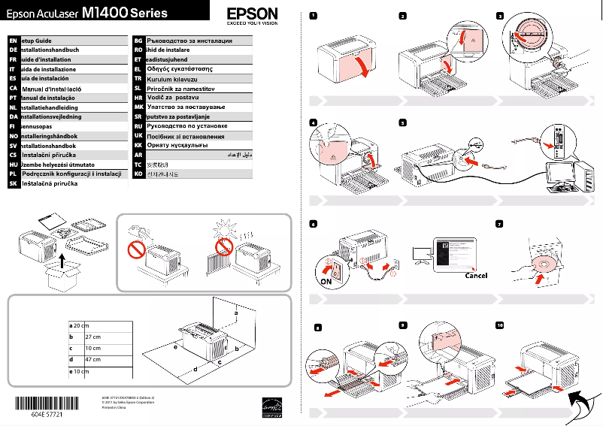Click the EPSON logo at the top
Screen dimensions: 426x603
pyautogui.click(x=252, y=13)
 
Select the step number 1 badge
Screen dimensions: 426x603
pyautogui.click(x=313, y=16)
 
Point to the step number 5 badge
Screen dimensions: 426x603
pyautogui.click(x=404, y=123)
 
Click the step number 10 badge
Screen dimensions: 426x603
pyautogui.click(x=501, y=325)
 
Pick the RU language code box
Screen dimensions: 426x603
pyautogui.click(x=138, y=127)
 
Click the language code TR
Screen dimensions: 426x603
pyautogui.click(x=138, y=78)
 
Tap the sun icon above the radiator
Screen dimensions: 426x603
pyautogui.click(x=224, y=226)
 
